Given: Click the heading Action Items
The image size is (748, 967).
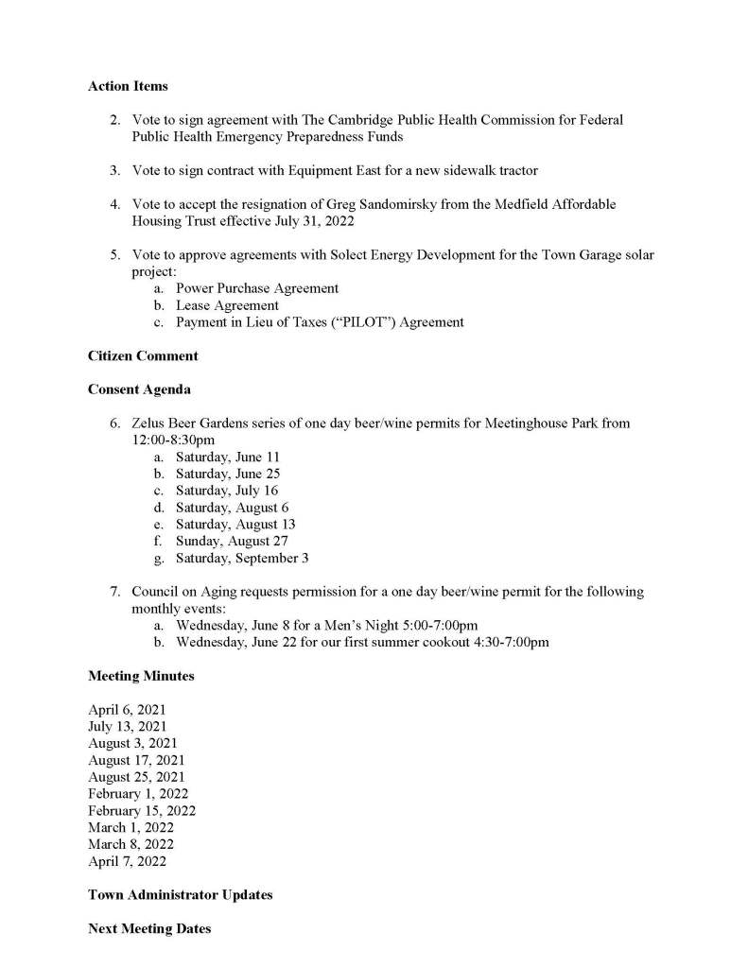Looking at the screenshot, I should (x=128, y=86).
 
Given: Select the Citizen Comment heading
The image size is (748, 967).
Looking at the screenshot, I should (x=143, y=355).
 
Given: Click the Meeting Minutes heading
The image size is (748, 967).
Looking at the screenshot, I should (x=141, y=676).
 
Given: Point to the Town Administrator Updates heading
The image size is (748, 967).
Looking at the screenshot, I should (x=180, y=894).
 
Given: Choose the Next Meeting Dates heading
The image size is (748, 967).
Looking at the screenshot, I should (x=149, y=928).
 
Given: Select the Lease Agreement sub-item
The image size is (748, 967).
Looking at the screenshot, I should (x=227, y=305).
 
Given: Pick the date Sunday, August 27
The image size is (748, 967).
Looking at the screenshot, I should (x=232, y=542).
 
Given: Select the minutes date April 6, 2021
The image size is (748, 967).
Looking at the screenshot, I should (x=127, y=710).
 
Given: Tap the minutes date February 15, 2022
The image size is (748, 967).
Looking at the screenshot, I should (x=142, y=811).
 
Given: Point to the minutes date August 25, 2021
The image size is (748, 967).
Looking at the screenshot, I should (x=136, y=777).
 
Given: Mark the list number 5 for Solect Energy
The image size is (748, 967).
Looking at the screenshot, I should (x=113, y=255).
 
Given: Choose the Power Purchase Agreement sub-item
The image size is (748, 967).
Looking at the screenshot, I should (x=257, y=288).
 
